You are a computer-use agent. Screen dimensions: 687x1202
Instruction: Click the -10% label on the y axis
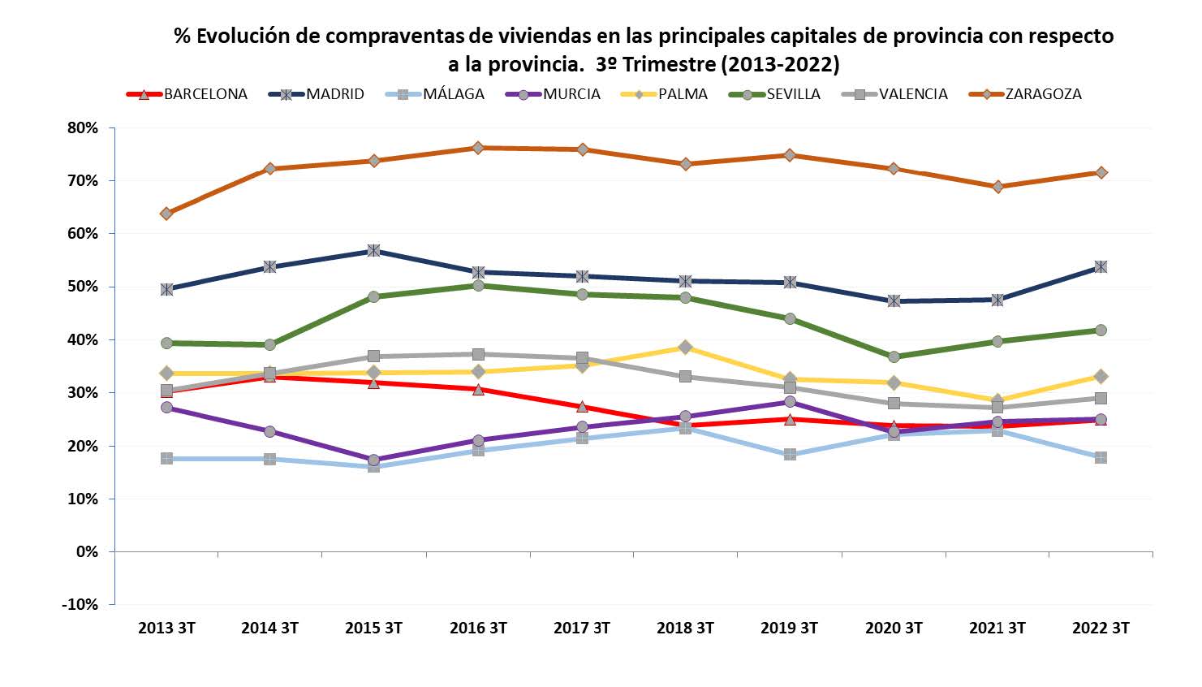click(x=80, y=604)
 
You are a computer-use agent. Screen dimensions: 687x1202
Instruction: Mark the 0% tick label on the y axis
click(x=86, y=551)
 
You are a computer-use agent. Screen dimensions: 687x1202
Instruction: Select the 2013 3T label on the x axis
click(x=166, y=628)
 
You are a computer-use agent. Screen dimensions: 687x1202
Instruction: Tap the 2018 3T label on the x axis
click(x=685, y=628)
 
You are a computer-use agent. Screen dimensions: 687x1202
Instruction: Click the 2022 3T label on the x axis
click(x=1101, y=628)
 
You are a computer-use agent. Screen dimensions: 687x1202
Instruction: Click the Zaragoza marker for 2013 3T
click(x=166, y=214)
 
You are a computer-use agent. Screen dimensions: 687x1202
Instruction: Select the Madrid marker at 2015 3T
click(x=374, y=250)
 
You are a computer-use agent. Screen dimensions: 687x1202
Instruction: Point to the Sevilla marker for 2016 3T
click(x=478, y=285)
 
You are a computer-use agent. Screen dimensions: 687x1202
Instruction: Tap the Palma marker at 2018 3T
click(x=685, y=347)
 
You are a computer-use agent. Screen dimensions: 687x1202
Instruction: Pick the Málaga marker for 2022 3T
click(x=1101, y=457)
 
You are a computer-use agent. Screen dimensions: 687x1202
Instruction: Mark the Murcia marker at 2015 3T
click(x=374, y=460)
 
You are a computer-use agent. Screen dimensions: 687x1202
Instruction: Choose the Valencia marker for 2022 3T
click(x=1101, y=398)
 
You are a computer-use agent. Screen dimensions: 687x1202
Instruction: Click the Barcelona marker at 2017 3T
click(x=582, y=407)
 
